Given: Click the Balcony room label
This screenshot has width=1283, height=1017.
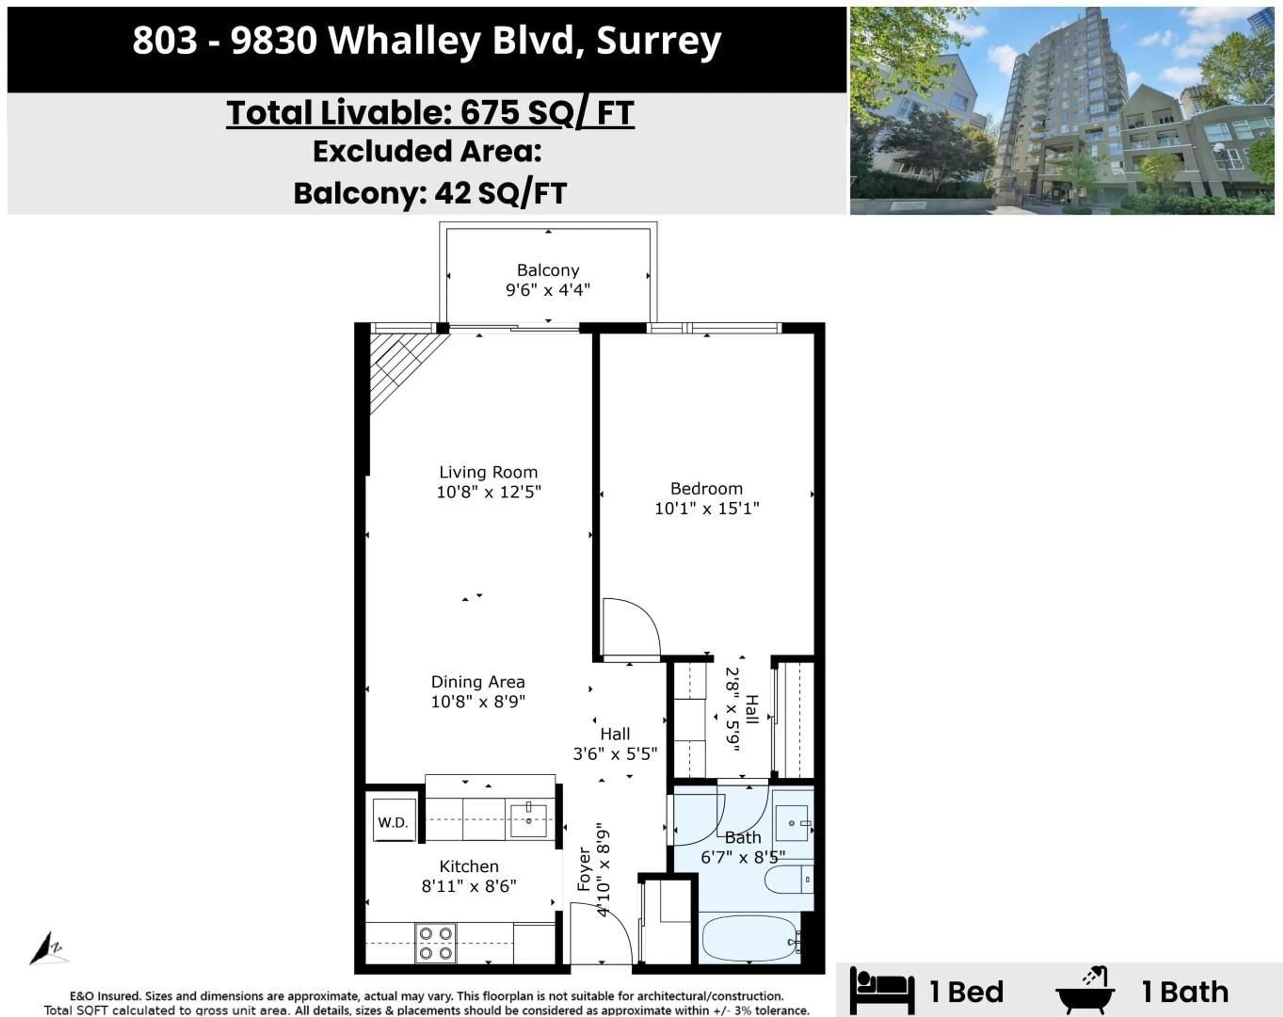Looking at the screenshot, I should coord(548,270).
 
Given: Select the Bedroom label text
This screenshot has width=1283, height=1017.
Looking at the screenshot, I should coord(706,489).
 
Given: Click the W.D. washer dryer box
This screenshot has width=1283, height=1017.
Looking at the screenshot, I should coord(393,822).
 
